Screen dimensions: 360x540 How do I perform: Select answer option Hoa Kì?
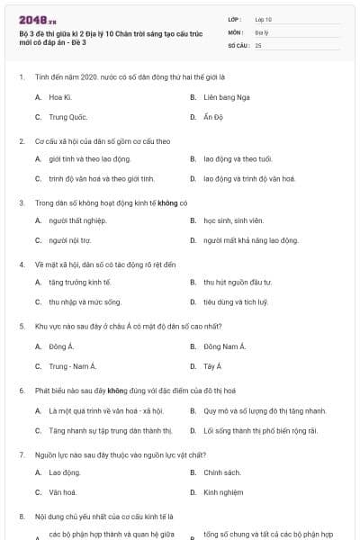(x=60, y=95)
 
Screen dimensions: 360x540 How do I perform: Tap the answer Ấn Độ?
(x=212, y=117)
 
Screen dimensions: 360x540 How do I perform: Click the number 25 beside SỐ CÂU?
(x=258, y=44)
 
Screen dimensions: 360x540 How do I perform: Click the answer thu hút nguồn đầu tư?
(x=237, y=282)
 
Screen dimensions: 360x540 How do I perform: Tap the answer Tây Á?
(x=212, y=366)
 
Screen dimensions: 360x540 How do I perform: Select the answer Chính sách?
(x=222, y=472)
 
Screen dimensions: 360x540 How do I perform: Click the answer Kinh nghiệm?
(x=224, y=492)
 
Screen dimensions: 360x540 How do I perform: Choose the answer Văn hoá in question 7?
(x=63, y=492)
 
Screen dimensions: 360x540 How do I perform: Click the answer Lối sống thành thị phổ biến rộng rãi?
(x=259, y=430)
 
